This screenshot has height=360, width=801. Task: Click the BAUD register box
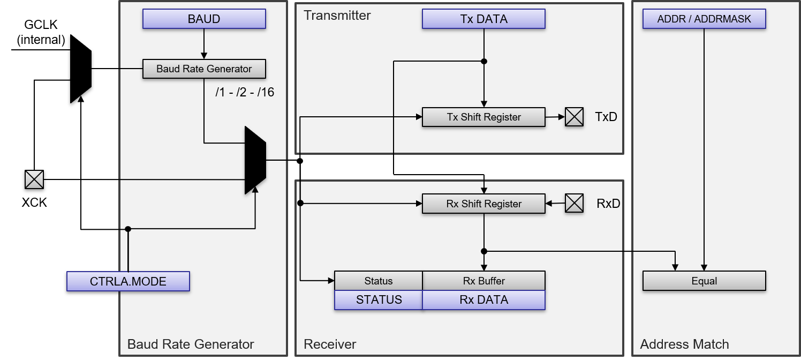coord(204,19)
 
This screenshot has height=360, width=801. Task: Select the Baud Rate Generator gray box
coord(204,69)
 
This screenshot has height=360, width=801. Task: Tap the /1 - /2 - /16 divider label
coord(244,92)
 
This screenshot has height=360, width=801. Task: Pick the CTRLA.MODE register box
coord(128,281)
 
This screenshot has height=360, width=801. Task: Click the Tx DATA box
coord(483,19)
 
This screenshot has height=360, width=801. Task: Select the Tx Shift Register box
coord(483,117)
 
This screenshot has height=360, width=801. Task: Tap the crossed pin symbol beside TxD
coord(574,117)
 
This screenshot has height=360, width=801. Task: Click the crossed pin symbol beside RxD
coord(574,204)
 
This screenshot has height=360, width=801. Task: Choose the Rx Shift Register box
coord(483,204)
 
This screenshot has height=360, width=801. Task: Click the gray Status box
coord(379,281)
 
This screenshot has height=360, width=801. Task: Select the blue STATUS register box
coord(379,300)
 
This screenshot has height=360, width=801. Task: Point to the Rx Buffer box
coord(483,281)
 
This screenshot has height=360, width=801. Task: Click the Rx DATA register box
coord(483,300)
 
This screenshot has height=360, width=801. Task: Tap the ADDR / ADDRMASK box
coord(704,19)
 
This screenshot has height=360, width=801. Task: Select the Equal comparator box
coord(704,281)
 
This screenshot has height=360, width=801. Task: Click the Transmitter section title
coord(337,15)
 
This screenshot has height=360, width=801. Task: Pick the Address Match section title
coord(684,344)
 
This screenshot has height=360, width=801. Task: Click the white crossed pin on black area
coord(34,179)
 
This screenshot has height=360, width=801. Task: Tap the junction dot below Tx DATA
coord(484,62)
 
